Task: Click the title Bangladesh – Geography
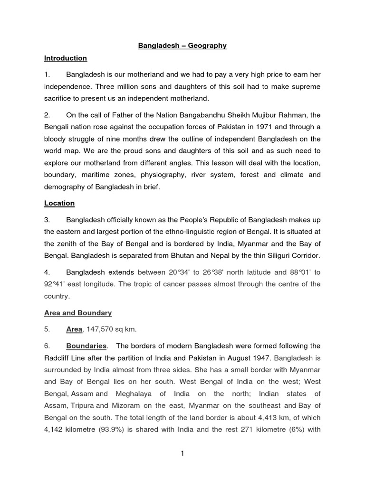tap(182, 46)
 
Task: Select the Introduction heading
tap(66, 58)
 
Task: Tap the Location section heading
tap(59, 203)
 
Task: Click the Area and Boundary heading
tap(78, 313)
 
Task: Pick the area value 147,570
tap(102, 329)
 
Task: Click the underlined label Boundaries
tap(86, 346)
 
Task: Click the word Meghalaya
tap(136, 393)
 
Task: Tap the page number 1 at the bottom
tap(182, 454)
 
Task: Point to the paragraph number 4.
tap(47, 272)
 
